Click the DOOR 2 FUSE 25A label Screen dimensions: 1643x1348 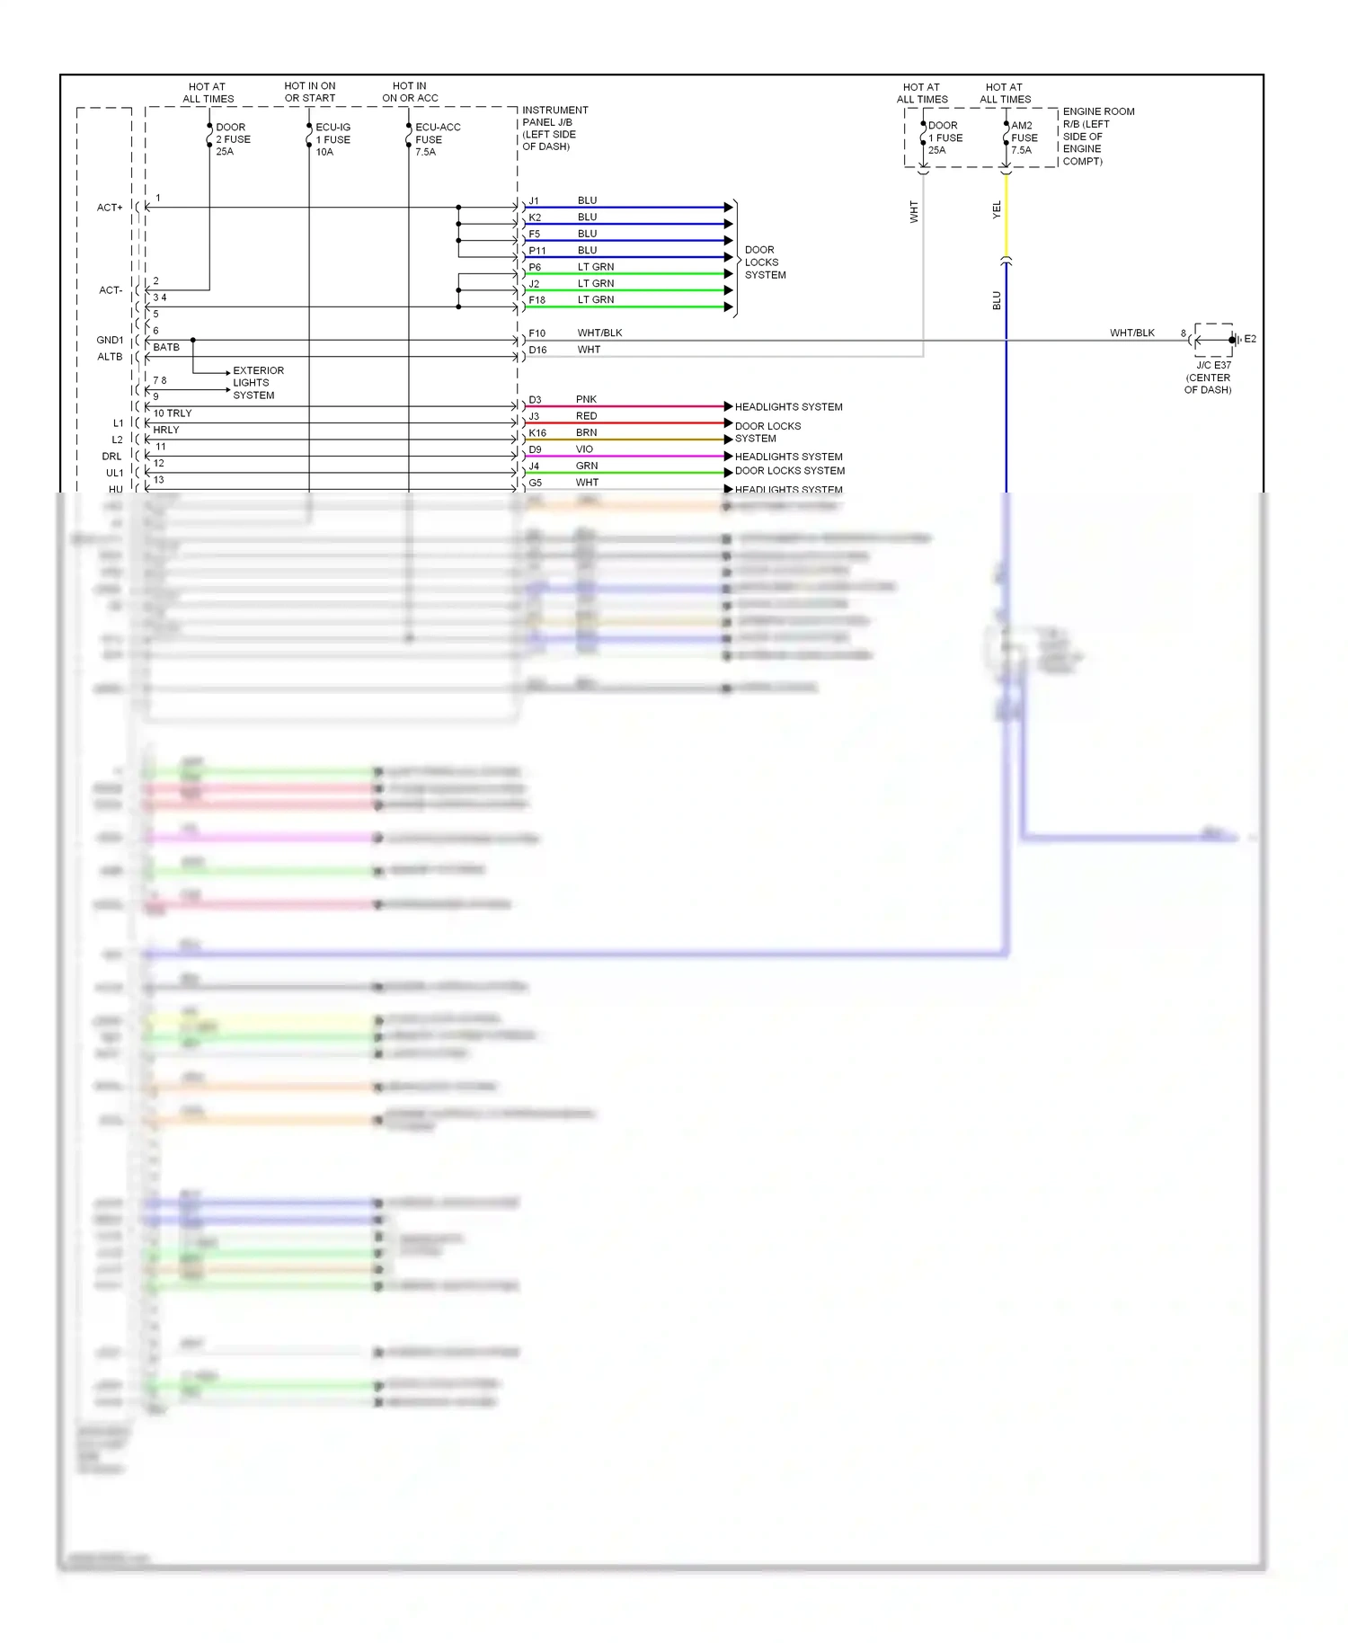[x=233, y=139]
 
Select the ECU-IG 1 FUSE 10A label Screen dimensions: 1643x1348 [x=333, y=139]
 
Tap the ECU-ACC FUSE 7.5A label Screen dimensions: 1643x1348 [x=437, y=139]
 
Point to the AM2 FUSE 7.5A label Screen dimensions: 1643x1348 [x=1024, y=138]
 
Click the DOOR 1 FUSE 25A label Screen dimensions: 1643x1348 [x=944, y=138]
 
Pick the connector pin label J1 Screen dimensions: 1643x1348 [x=534, y=201]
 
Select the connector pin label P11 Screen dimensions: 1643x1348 [x=537, y=251]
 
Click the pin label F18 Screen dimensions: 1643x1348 [x=537, y=300]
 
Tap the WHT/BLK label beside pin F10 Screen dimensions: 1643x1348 [x=599, y=333]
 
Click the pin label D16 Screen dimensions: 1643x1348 [x=537, y=350]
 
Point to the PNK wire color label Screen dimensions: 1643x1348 [x=586, y=399]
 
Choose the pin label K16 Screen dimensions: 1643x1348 [x=537, y=432]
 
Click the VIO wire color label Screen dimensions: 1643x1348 [x=584, y=449]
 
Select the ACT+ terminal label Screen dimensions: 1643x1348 [x=110, y=208]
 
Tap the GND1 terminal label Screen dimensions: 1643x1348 [x=110, y=340]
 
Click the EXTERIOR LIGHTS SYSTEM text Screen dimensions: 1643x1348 [x=258, y=383]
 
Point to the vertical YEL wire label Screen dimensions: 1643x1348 [x=997, y=209]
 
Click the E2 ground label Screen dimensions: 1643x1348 [x=1250, y=339]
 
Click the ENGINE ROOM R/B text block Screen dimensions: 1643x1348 [x=1097, y=137]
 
